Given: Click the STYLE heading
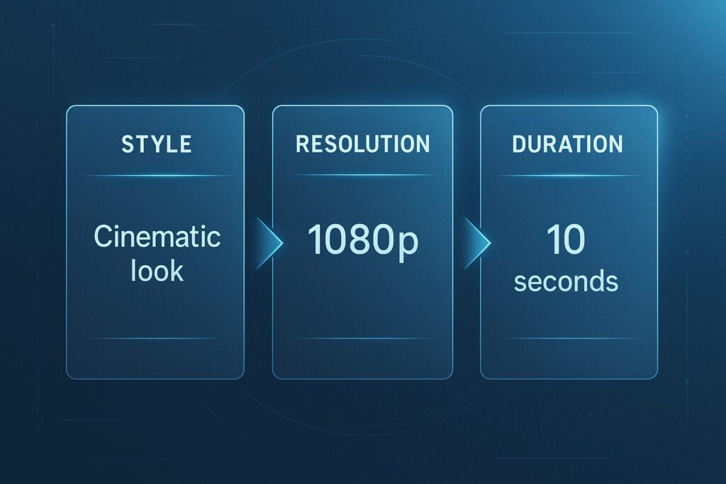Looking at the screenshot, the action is click(157, 145).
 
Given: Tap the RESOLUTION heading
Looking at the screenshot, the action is click(362, 144).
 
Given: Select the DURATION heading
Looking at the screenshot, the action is click(568, 144).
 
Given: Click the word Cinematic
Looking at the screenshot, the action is click(157, 237).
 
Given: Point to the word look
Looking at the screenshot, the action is click(157, 271).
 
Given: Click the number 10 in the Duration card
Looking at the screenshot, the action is click(566, 240).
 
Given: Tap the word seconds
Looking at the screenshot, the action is click(566, 281).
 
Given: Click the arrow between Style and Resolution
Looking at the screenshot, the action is click(269, 243).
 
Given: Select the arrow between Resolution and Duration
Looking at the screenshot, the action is click(477, 243).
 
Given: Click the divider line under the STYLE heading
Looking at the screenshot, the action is click(157, 176).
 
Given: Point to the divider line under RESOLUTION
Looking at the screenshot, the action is click(362, 175).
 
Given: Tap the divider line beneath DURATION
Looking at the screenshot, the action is click(568, 176).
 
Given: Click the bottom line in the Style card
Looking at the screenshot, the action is click(155, 339).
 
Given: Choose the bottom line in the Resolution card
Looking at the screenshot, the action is click(362, 339).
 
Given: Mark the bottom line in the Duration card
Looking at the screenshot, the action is click(569, 339).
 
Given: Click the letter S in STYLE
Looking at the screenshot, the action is click(128, 145).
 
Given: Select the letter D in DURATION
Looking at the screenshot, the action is click(519, 144).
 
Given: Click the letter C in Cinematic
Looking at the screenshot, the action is click(104, 237).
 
